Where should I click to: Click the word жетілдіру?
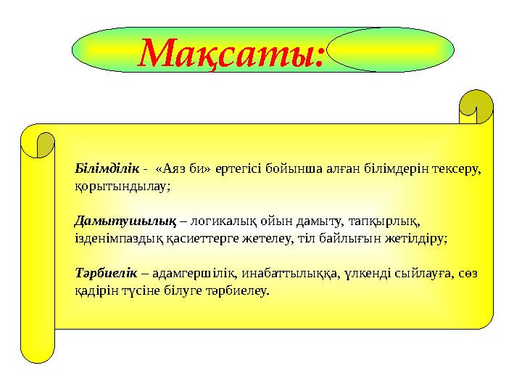[418, 237]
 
